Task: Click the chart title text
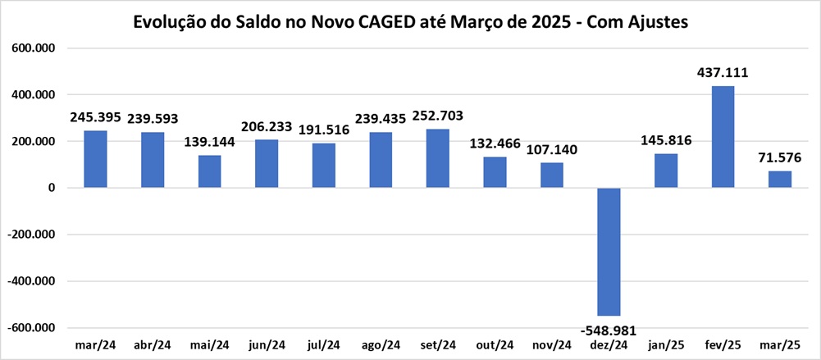410,22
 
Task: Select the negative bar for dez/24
609,252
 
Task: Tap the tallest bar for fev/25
723,137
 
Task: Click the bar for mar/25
780,180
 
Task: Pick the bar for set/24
437,158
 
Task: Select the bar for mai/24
209,171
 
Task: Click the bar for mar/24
95,159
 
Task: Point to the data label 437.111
722,73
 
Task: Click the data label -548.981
609,328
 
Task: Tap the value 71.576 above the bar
779,157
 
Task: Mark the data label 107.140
551,149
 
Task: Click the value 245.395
95,117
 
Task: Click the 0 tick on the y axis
50,188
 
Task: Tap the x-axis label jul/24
323,344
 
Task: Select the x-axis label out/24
495,344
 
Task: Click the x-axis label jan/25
665,344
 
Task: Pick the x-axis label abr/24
152,344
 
